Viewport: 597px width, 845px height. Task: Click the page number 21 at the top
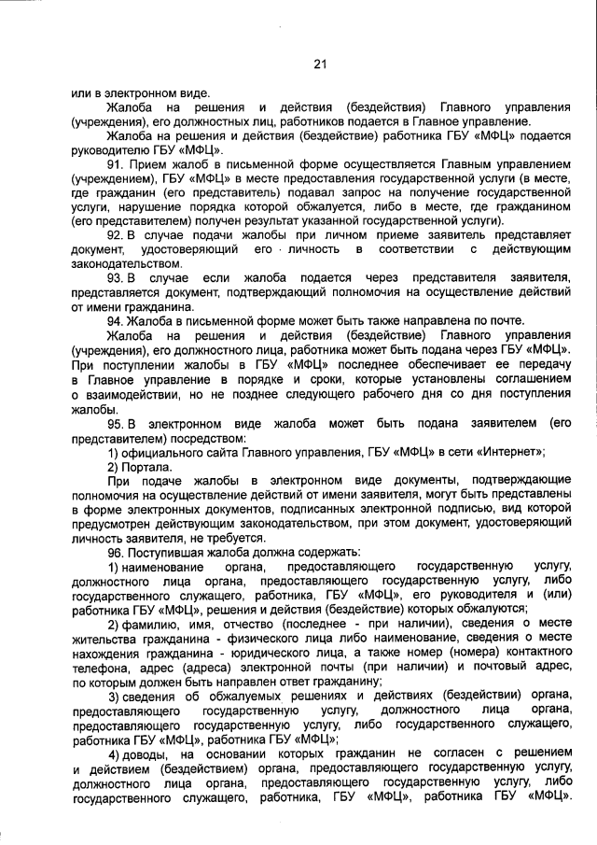coord(320,63)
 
